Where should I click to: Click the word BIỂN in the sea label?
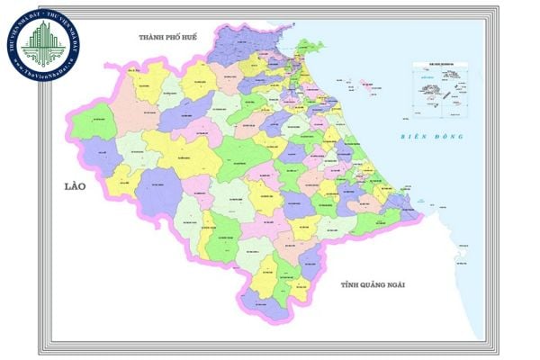point(415,137)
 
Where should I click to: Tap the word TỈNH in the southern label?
point(351,284)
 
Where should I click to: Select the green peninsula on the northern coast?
point(308,47)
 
